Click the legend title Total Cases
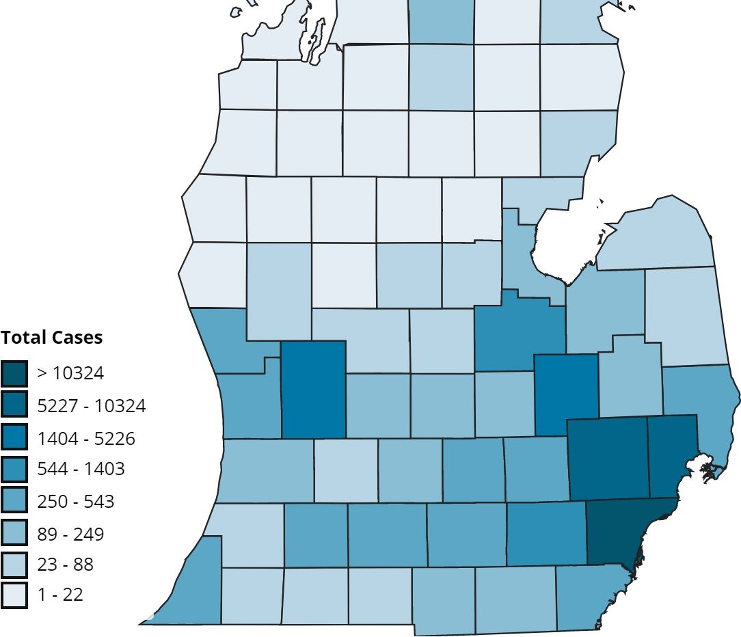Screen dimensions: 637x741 (x=51, y=337)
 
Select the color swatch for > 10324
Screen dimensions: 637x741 (x=14, y=373)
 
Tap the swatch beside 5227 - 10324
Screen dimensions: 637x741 (x=14, y=405)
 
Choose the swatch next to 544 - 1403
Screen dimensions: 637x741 (x=14, y=469)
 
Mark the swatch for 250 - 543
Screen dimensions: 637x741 (x=14, y=501)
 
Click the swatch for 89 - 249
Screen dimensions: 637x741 (x=14, y=533)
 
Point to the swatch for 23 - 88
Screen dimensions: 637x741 (x=14, y=565)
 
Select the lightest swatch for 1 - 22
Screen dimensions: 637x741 (x=14, y=595)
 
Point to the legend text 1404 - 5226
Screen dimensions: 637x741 (x=86, y=438)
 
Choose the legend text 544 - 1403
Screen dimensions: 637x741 (x=81, y=470)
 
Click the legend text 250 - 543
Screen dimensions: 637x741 (x=76, y=502)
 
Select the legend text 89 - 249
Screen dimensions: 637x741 (x=71, y=534)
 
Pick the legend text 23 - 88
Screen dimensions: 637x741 (x=66, y=565)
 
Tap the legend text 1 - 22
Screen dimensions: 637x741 (x=60, y=595)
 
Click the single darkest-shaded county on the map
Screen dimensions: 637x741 (x=622, y=530)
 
